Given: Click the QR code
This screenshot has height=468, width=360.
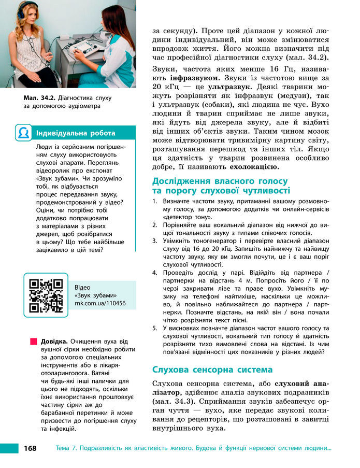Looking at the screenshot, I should pyautogui.click(x=47, y=295).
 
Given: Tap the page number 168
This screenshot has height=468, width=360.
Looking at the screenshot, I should pyautogui.click(x=30, y=448).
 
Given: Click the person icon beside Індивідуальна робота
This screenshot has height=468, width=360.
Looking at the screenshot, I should pyautogui.click(x=23, y=133).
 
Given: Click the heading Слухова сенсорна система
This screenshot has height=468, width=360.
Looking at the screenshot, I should pyautogui.click(x=212, y=370).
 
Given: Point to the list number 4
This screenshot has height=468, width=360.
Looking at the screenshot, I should pyautogui.click(x=154, y=272).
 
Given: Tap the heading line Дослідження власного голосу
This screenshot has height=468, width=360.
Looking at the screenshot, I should pyautogui.click(x=220, y=181).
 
